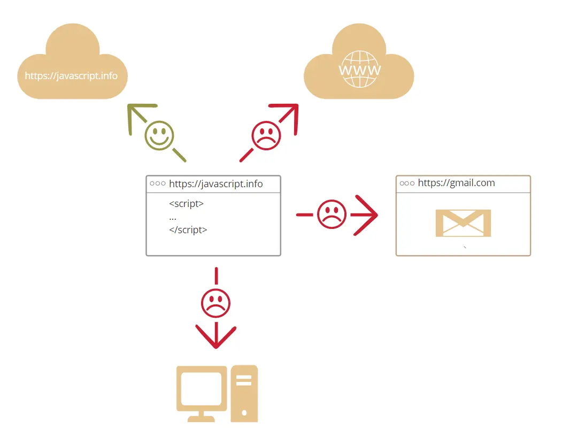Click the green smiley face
pyautogui.click(x=159, y=135)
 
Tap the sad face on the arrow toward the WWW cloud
pyautogui.click(x=266, y=135)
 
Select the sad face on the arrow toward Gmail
pyautogui.click(x=332, y=214)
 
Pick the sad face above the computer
pyautogui.click(x=215, y=304)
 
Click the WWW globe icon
pyautogui.click(x=360, y=69)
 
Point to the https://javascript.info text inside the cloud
pyautogui.click(x=71, y=75)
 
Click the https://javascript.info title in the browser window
pyautogui.click(x=215, y=184)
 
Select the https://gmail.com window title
pyautogui.click(x=456, y=183)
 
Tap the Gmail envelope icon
pyautogui.click(x=463, y=223)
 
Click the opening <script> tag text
pyautogui.click(x=186, y=204)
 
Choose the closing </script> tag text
pyautogui.click(x=188, y=230)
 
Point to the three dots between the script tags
pyautogui.click(x=173, y=218)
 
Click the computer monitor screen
pyautogui.click(x=201, y=389)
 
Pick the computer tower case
pyautogui.click(x=244, y=393)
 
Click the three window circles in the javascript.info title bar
pyautogui.click(x=158, y=183)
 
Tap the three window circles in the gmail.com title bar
pyautogui.click(x=407, y=183)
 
